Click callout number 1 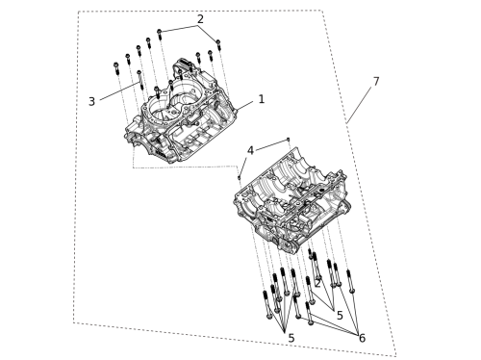(x=262, y=99)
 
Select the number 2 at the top (x=200, y=19)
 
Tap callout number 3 (x=91, y=101)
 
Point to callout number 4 (x=250, y=150)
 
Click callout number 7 (x=376, y=81)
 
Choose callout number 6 (x=362, y=338)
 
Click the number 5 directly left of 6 (x=340, y=316)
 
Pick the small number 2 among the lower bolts (x=317, y=284)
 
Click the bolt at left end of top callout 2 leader (x=160, y=35)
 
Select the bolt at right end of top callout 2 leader (x=218, y=44)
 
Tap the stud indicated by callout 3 (x=139, y=80)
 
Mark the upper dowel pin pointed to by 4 (x=289, y=140)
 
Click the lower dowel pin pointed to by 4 (x=239, y=177)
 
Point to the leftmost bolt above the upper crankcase (x=116, y=68)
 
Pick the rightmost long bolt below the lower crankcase (x=350, y=281)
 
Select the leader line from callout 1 (x=245, y=106)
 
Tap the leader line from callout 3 (x=120, y=91)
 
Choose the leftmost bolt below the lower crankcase (x=267, y=304)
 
